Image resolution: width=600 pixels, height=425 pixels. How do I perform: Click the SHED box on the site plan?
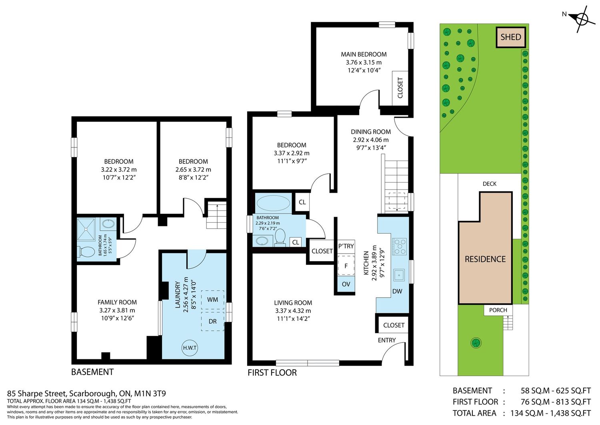tap(510, 37)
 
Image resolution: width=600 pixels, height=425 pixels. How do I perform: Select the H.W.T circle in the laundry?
tap(190, 348)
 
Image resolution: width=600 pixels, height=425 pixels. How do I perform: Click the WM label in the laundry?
tap(212, 300)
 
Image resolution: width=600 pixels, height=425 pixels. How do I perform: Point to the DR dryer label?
tap(212, 321)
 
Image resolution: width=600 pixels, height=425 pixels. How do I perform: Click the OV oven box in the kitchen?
tap(346, 284)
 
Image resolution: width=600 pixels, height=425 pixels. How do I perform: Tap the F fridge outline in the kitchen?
tap(346, 266)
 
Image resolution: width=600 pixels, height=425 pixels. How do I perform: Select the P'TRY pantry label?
tap(346, 246)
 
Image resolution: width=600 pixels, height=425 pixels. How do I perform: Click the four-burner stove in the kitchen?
tap(399, 246)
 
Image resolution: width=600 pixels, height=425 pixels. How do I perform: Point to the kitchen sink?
tap(399, 275)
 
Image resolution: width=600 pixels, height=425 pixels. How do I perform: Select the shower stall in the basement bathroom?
tap(86, 230)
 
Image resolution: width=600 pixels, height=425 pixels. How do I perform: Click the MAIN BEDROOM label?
tap(364, 54)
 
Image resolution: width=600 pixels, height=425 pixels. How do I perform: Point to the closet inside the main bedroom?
tap(400, 88)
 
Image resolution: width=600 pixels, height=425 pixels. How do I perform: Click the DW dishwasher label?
tap(397, 291)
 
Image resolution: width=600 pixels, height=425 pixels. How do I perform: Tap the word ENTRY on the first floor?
tap(386, 340)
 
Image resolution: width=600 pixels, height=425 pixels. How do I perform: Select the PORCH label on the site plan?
tap(498, 310)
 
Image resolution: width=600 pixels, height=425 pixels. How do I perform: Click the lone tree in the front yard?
tap(476, 342)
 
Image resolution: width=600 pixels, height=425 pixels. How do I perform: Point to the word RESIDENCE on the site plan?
tap(485, 259)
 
